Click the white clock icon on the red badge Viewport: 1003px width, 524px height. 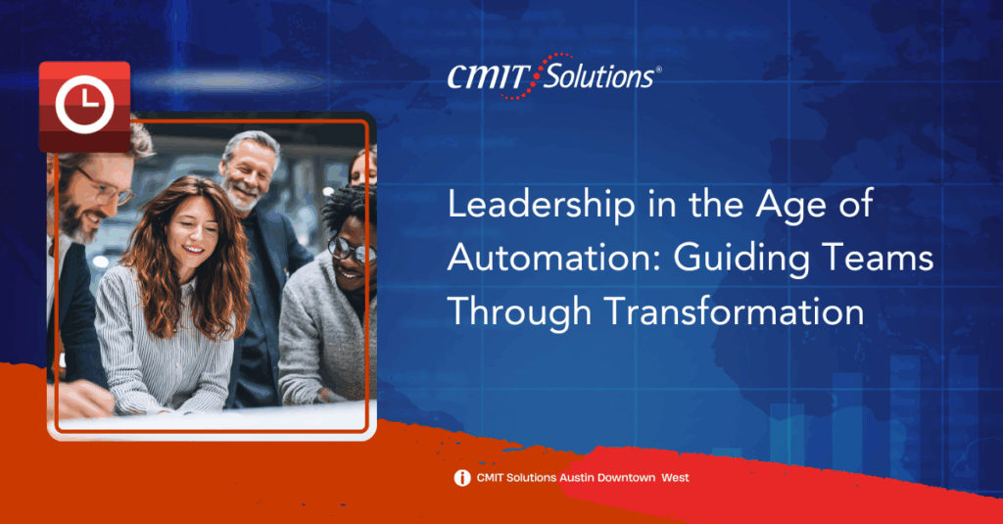click(x=84, y=104)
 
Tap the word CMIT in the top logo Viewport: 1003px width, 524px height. click(x=486, y=77)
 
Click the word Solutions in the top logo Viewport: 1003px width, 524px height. click(x=598, y=76)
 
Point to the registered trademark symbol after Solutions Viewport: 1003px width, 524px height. click(x=658, y=70)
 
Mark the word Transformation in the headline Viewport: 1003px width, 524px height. click(x=735, y=312)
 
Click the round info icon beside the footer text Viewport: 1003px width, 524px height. click(x=462, y=478)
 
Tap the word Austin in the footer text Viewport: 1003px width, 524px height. click(x=577, y=477)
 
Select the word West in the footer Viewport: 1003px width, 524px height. click(x=676, y=477)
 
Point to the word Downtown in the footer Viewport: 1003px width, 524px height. click(x=626, y=477)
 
